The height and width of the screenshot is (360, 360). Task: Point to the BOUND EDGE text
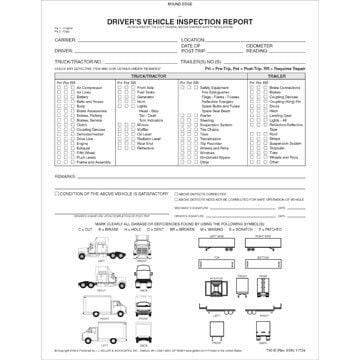point(180,4)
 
